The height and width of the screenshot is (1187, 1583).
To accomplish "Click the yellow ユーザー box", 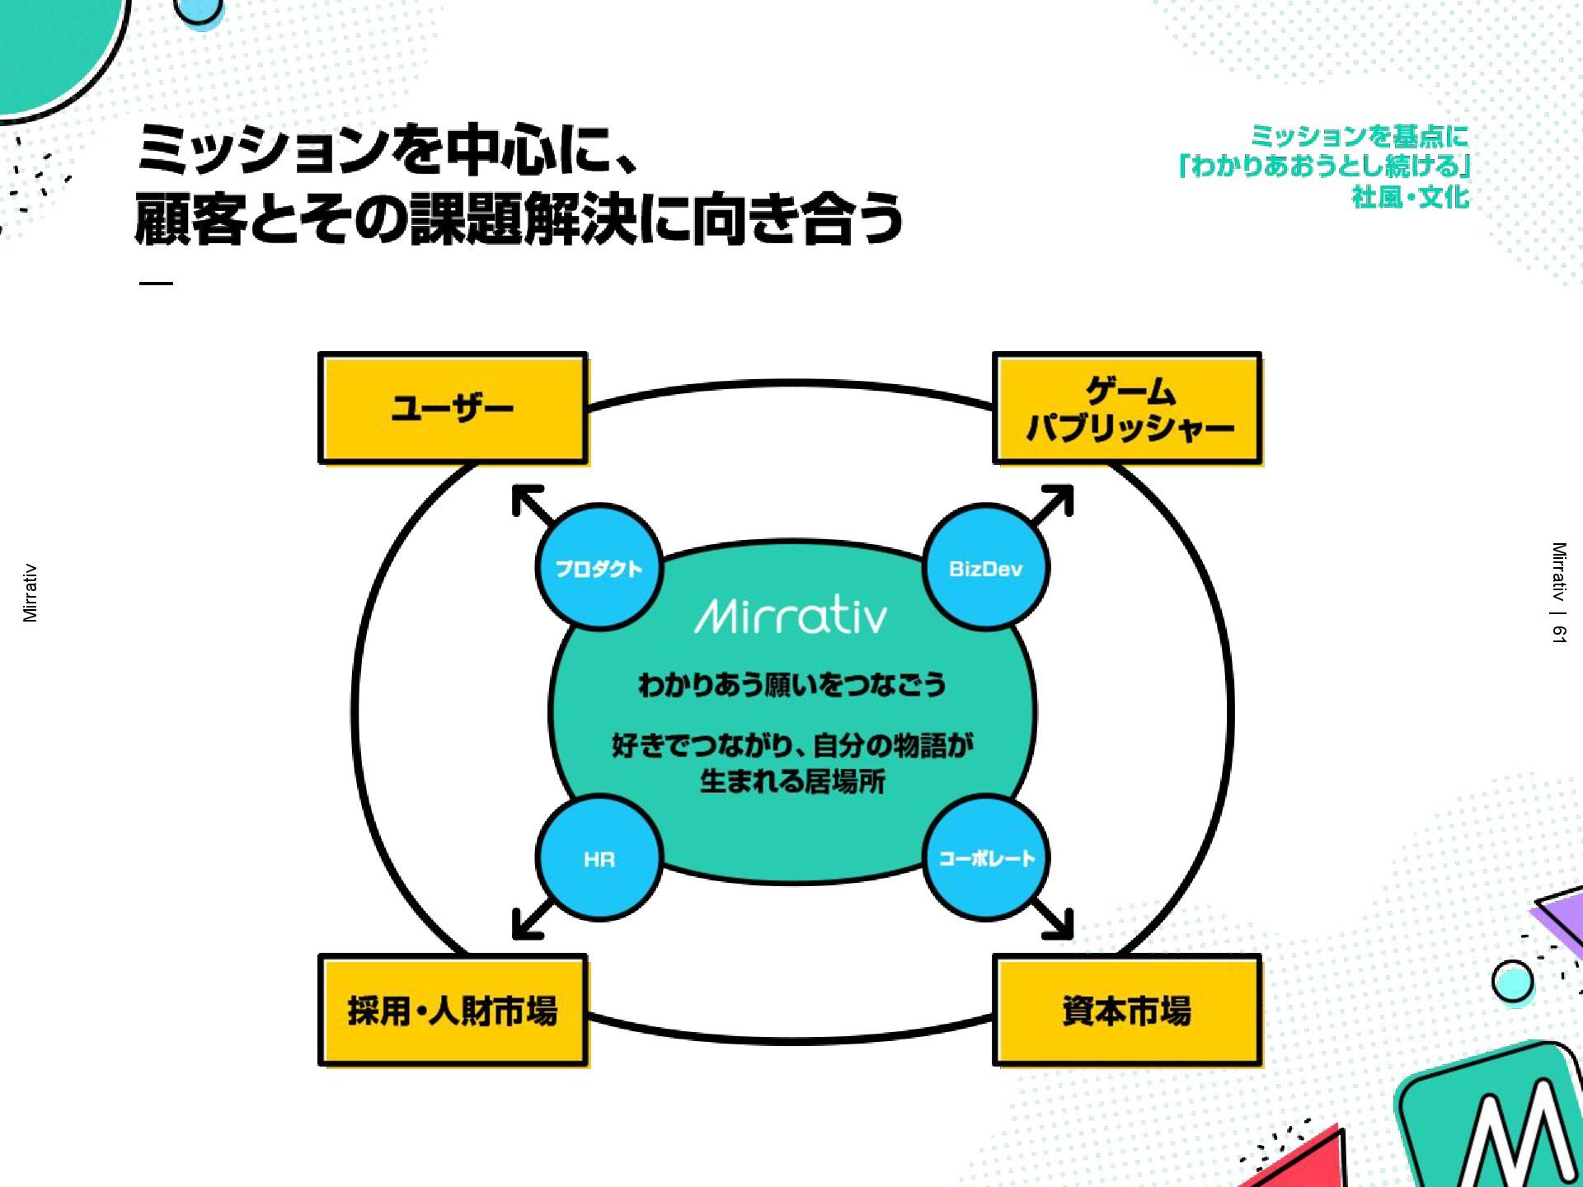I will pyautogui.click(x=453, y=409).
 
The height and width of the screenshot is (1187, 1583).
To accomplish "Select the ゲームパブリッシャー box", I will pyautogui.click(x=1127, y=409).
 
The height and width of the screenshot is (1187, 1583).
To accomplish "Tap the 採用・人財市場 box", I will pyautogui.click(x=453, y=1011).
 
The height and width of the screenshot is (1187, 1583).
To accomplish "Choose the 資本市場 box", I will pyautogui.click(x=1127, y=1011).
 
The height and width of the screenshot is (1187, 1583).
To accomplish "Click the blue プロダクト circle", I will pyautogui.click(x=599, y=568).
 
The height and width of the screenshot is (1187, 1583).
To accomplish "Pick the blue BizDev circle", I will pyautogui.click(x=985, y=568).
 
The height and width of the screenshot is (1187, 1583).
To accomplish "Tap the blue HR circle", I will pyautogui.click(x=599, y=858).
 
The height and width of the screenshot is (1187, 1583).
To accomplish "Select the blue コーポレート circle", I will pyautogui.click(x=985, y=858).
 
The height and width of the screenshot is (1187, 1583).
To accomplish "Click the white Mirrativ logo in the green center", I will pyautogui.click(x=791, y=616).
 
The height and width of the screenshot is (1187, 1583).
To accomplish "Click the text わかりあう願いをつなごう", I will pyautogui.click(x=791, y=684).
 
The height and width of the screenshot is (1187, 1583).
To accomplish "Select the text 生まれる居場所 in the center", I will pyautogui.click(x=791, y=781).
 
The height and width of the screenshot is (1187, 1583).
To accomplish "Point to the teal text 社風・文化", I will pyautogui.click(x=1410, y=198).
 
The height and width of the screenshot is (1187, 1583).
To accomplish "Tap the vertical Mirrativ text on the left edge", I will pyautogui.click(x=31, y=593).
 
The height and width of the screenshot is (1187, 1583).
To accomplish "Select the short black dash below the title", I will pyautogui.click(x=156, y=283).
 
